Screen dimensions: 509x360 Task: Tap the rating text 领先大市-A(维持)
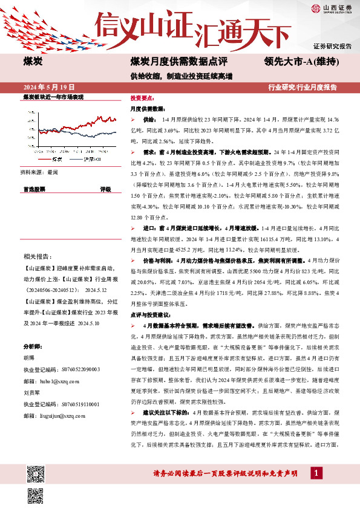[x=301, y=61]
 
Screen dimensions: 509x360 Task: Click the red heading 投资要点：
[x=143, y=97]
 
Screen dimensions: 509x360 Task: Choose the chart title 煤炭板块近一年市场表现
[x=53, y=97]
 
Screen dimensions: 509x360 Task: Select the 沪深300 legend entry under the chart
[x=91, y=160]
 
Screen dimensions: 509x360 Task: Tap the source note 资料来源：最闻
[x=41, y=172]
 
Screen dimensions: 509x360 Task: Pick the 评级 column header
[x=105, y=189]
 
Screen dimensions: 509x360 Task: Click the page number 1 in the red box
[x=316, y=472]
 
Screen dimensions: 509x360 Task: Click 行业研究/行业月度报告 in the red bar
[x=302, y=87]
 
